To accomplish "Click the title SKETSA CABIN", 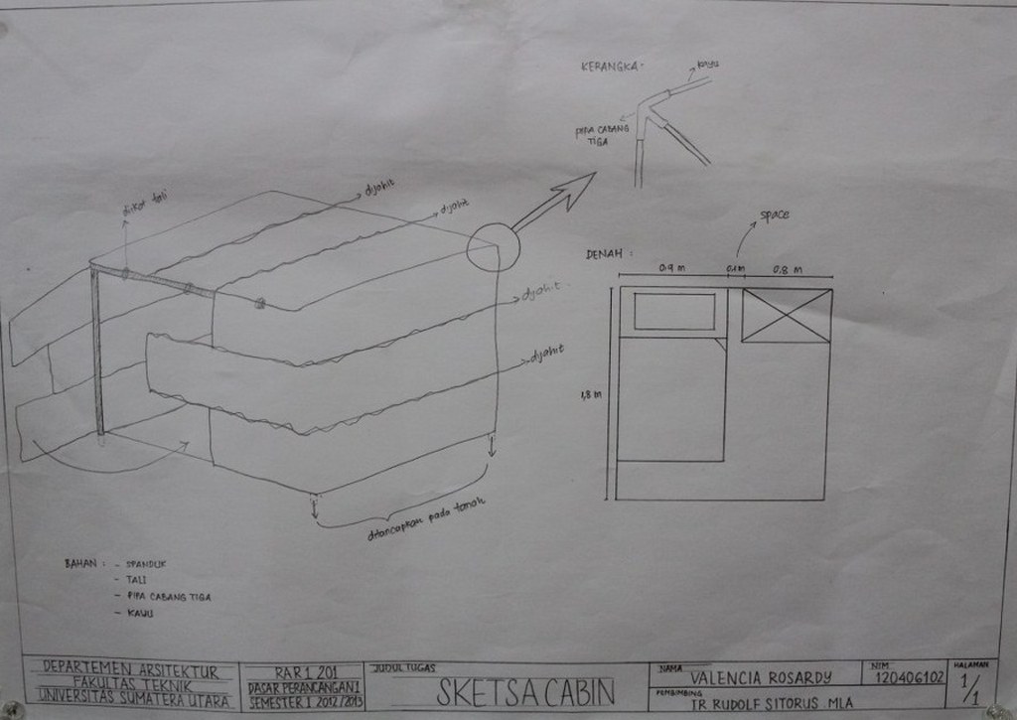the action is tap(525, 690).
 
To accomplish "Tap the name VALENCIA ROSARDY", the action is tap(761, 678).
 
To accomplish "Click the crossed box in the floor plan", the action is tap(786, 315).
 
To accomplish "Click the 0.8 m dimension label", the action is tap(790, 267).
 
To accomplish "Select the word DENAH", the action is tap(604, 254).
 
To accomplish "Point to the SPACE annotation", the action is tap(775, 216).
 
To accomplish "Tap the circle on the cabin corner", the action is tap(493, 246).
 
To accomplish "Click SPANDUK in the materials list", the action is tap(146, 563).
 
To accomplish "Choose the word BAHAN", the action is tap(80, 563).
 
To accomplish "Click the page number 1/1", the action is tap(972, 686).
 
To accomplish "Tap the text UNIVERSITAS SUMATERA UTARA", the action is tap(135, 701).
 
